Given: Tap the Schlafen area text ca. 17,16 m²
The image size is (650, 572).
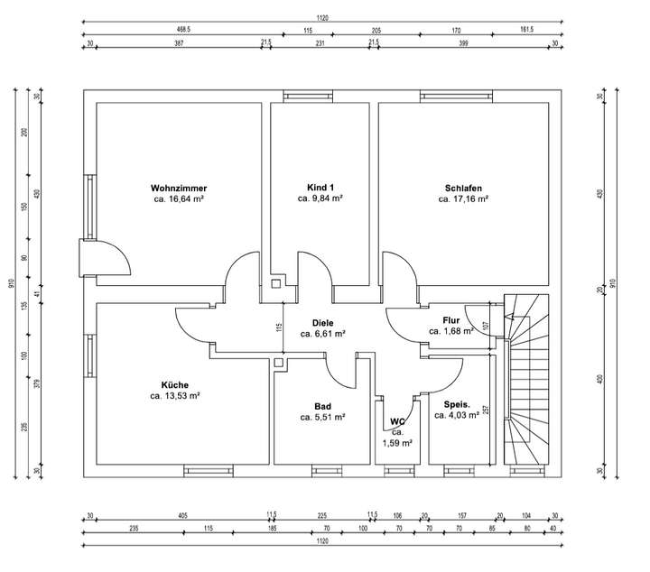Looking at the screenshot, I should click(461, 198).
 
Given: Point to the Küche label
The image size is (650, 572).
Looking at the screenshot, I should click(175, 384).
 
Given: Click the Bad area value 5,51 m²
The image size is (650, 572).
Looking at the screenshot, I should click(323, 418).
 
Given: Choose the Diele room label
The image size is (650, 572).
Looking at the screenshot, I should click(323, 322).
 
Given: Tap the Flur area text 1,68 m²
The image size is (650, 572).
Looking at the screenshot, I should click(451, 331).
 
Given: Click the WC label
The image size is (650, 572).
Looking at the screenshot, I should click(396, 421).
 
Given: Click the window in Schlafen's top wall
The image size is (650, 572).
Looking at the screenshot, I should click(442, 95).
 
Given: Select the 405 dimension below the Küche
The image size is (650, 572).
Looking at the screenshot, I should click(181, 516).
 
